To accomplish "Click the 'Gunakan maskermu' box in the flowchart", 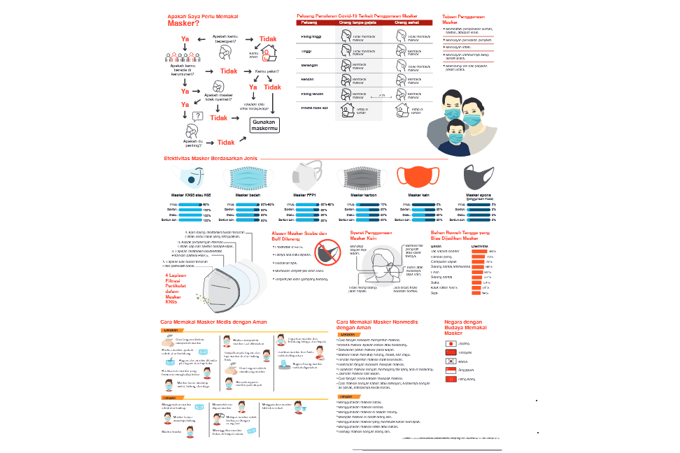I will [264, 126].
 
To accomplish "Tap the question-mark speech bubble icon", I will [197, 115].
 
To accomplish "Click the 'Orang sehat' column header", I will [405, 22].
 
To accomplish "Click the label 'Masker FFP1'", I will [305, 196].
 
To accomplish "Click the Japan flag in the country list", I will [451, 344].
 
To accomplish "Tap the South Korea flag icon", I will [451, 361].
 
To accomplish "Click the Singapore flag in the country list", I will [451, 370].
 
